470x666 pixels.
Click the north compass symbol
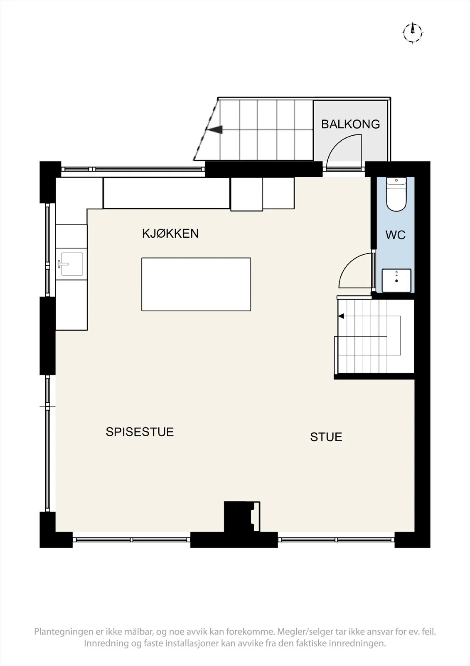[x=413, y=33]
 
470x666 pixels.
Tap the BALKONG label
[x=350, y=124]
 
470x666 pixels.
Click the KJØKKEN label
[x=170, y=234]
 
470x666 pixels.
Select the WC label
[x=396, y=235]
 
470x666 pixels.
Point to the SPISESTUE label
[x=140, y=432]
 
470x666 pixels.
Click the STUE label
[x=326, y=437]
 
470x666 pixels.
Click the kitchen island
[x=196, y=284]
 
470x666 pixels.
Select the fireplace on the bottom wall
[x=242, y=517]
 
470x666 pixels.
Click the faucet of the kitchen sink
[x=62, y=263]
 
